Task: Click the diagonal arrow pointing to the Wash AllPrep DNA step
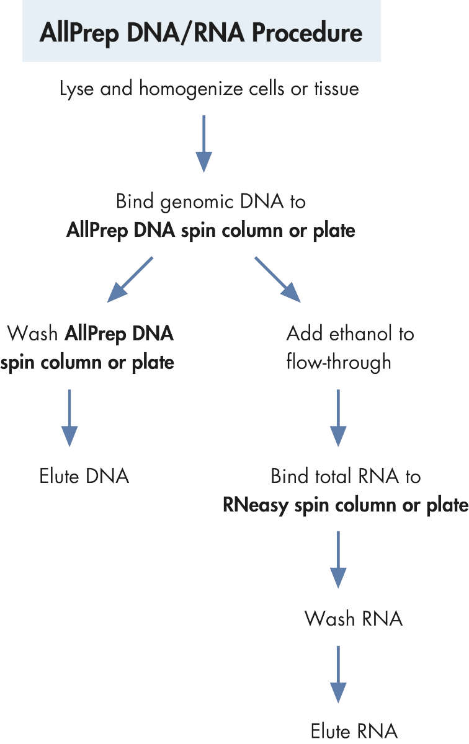(x=130, y=280)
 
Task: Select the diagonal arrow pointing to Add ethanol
(x=277, y=280)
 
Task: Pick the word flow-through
(x=339, y=361)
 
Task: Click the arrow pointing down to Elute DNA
(x=69, y=418)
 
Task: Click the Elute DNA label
(x=84, y=476)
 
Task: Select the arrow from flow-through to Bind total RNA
(x=337, y=418)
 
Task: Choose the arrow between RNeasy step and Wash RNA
(x=337, y=559)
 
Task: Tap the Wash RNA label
(x=354, y=618)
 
